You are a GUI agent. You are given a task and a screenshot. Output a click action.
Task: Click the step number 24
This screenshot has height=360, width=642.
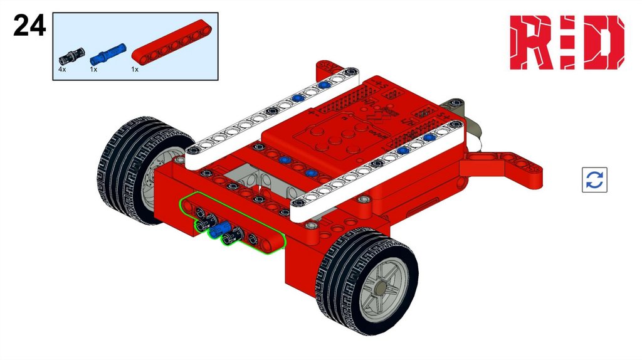click(x=29, y=25)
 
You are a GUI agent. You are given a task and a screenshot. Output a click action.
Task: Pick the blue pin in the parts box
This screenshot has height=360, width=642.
click(x=108, y=54)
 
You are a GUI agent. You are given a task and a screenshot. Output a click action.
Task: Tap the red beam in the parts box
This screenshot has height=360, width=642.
click(x=172, y=42)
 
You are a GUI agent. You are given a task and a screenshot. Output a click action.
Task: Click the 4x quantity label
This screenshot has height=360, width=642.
click(x=62, y=70)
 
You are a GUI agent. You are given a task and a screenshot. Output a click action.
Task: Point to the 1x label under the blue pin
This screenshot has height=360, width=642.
click(x=94, y=70)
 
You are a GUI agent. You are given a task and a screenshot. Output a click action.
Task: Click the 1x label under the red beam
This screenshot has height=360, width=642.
click(x=135, y=70)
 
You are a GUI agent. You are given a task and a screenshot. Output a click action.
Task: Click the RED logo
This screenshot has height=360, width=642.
click(x=567, y=43)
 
